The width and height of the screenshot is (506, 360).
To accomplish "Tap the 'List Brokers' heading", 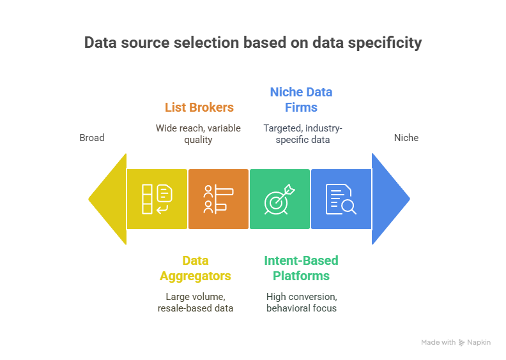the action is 199,107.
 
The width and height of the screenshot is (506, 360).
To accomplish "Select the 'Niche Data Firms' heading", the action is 301,100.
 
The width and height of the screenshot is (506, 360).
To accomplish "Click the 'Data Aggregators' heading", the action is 195,268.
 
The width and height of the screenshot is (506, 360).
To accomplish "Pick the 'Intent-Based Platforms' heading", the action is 301,268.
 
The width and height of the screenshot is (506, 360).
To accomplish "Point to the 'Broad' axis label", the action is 92,138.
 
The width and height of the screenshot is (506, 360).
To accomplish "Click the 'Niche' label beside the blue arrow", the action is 406,138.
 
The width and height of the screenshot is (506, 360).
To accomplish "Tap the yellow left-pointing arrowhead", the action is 107,199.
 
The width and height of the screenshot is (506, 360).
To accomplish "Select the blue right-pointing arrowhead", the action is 391,199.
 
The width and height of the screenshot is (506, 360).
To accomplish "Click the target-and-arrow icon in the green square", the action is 279,199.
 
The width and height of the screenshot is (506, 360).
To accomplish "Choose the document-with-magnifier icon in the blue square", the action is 341,199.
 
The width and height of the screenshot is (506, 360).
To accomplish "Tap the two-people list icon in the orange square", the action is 218,199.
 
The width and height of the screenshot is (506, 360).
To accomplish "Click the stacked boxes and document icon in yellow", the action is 157,199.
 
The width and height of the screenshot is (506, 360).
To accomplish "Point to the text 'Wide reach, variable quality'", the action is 198,134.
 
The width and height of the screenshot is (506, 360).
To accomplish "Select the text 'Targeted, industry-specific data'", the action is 303,134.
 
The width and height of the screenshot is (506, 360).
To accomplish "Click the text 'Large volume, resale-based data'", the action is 195,303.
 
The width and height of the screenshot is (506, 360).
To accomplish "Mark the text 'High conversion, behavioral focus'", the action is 302,303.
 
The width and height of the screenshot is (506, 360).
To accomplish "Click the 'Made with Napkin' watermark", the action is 456,342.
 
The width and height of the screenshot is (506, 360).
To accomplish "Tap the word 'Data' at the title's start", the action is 100,43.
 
